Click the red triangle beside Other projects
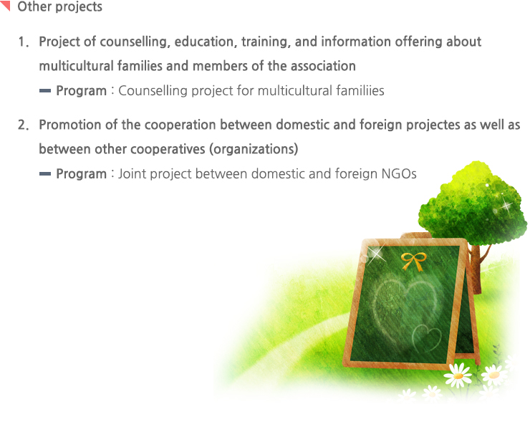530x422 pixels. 5,5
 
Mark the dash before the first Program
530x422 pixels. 45,90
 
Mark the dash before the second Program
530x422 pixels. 45,174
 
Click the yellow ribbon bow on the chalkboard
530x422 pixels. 413,262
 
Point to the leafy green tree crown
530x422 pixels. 473,203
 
